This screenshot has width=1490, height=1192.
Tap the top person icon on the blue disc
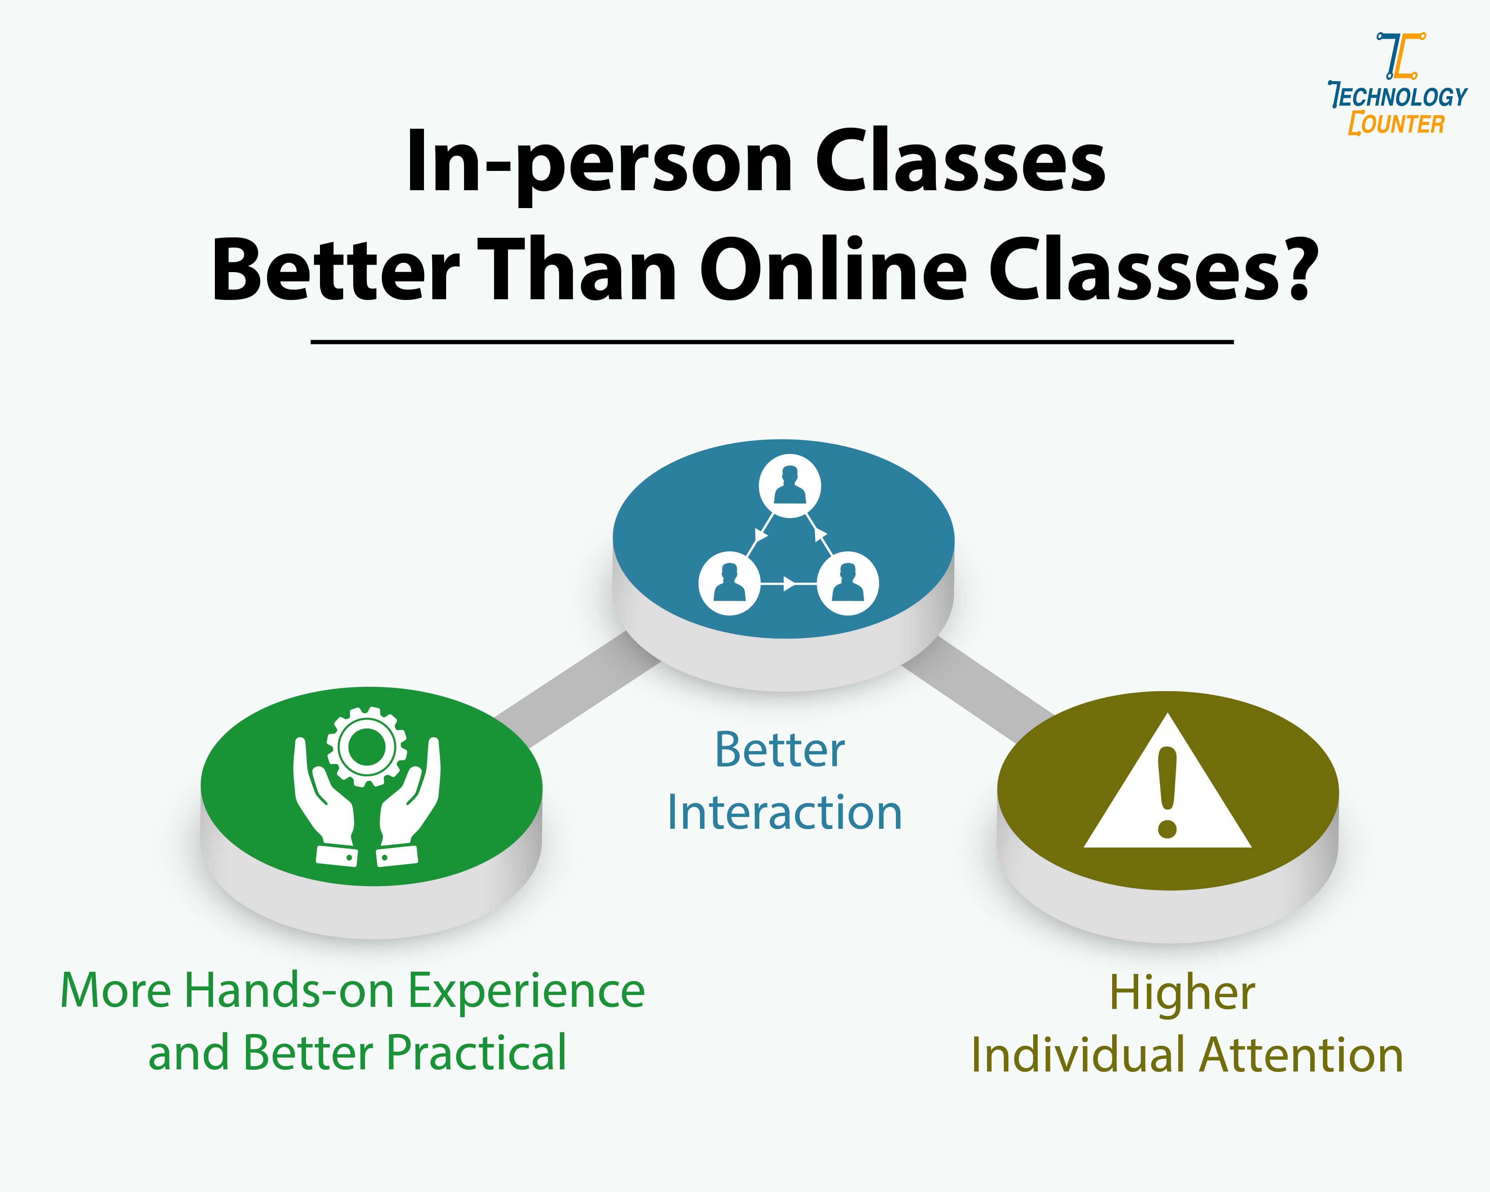coord(789,485)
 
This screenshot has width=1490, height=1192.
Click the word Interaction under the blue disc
coord(784,813)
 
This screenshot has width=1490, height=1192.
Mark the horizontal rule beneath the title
coord(772,341)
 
